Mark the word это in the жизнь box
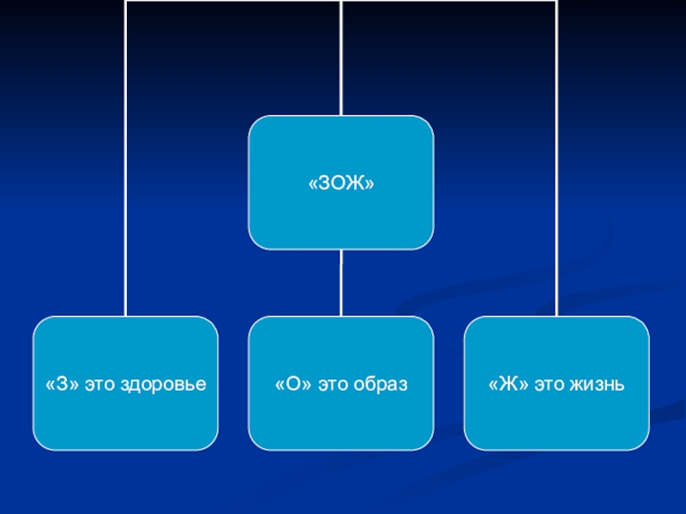click(x=549, y=385)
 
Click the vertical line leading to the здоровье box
click(x=125, y=171)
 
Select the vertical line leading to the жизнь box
click(x=557, y=171)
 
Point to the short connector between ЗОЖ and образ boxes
click(x=340, y=283)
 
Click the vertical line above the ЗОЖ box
click(x=340, y=60)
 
